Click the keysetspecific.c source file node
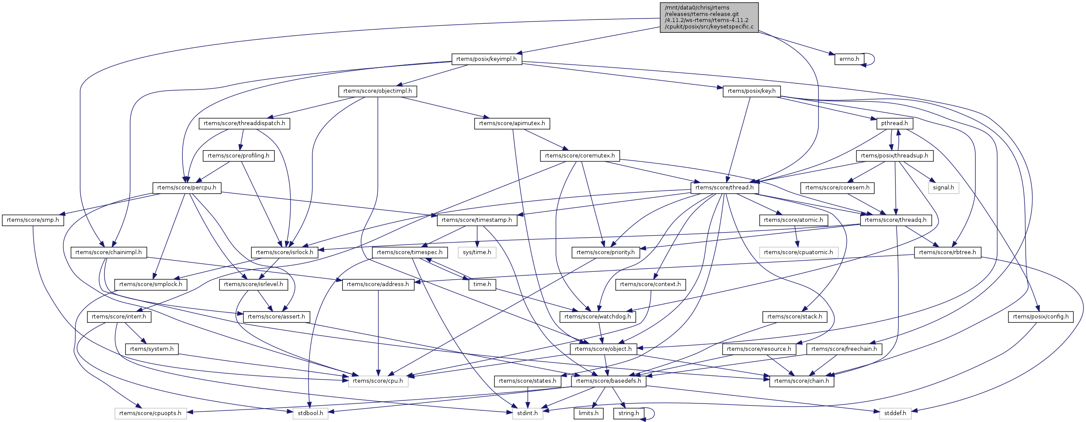[709, 17]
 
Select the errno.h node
[849, 59]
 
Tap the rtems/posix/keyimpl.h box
[487, 59]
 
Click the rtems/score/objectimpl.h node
[378, 91]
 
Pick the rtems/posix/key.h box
[752, 91]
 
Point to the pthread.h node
[894, 123]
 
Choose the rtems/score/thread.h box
[724, 188]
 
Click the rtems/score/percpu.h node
[187, 188]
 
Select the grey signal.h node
[943, 188]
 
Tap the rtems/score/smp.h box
[33, 220]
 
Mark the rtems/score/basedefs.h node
[609, 381]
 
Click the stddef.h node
[895, 413]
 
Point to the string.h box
[629, 413]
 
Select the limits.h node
[588, 413]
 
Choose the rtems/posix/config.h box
[1041, 317]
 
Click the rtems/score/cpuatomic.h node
[798, 252]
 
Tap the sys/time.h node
[477, 252]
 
